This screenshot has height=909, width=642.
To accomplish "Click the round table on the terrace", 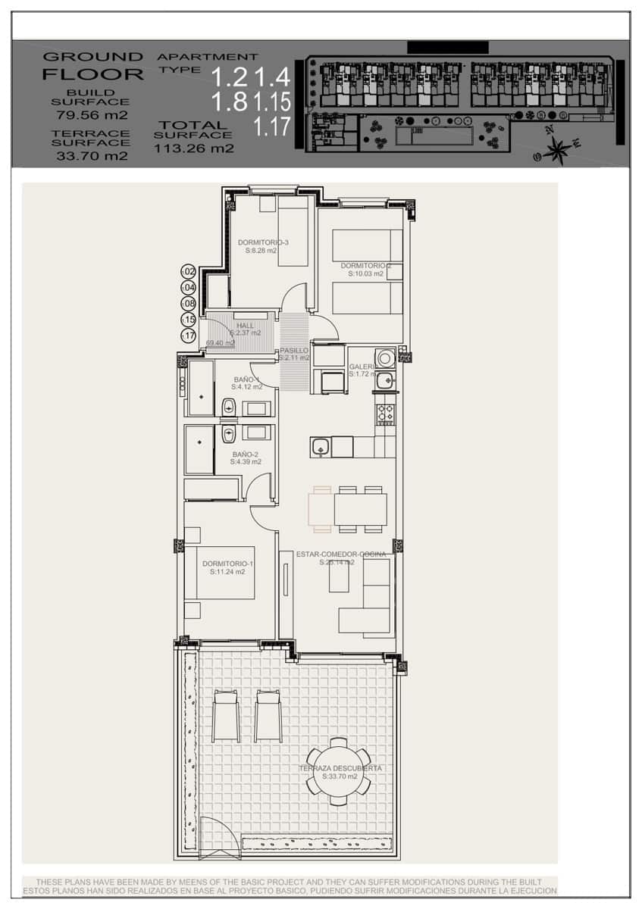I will [x=338, y=771].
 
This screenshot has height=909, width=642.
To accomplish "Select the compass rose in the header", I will [x=557, y=149].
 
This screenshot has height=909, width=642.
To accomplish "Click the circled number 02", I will [x=188, y=271].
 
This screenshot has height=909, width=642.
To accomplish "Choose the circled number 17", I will [x=188, y=336].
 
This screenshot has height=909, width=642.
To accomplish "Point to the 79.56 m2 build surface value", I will [x=92, y=116].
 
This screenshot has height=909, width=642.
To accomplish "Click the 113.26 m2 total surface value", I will [x=194, y=148].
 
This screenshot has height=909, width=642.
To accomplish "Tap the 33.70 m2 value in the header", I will [x=92, y=156].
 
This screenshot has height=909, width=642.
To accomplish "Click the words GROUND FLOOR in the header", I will [x=92, y=66].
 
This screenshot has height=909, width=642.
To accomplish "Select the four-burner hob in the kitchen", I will [x=385, y=414].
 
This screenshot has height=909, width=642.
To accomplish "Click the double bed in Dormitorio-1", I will [x=220, y=573].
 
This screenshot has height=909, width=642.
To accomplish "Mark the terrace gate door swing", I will [x=220, y=837].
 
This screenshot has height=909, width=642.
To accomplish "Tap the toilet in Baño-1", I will [x=229, y=408].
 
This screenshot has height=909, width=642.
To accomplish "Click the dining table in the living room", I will [x=360, y=509].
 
